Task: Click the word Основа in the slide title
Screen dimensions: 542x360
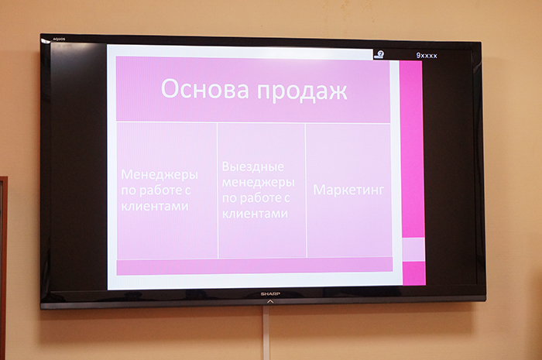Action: [x=205, y=88]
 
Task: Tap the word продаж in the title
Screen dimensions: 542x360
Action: [x=302, y=91]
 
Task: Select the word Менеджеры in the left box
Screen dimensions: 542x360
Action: [x=160, y=174]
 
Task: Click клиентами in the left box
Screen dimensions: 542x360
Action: [x=155, y=206]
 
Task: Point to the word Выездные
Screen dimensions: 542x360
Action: [x=253, y=166]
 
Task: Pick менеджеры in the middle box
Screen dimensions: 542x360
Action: [x=258, y=182]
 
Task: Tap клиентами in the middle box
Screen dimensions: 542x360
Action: [x=255, y=214]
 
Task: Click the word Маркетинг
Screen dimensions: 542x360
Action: [x=348, y=190]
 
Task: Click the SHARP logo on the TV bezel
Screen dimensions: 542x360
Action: [x=270, y=294]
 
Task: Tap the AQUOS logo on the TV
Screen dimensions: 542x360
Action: [x=59, y=39]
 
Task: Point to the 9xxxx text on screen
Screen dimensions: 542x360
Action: [x=427, y=56]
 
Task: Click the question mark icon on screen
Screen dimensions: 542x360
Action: [x=380, y=54]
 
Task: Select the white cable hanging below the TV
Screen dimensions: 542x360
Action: [x=266, y=334]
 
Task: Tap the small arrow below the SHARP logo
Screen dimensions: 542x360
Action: [x=270, y=302]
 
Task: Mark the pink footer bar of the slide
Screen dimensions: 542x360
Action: [x=255, y=266]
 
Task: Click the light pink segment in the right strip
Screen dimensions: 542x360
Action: [x=413, y=249]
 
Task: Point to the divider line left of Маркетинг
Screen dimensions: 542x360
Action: [x=306, y=190]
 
